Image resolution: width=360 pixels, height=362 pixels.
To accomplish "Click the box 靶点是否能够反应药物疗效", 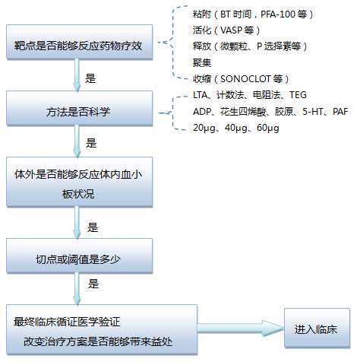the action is pos(79,42).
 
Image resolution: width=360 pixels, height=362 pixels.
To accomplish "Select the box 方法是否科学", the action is pos(79,108).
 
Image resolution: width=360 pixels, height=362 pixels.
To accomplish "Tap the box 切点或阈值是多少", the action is pos(79,256).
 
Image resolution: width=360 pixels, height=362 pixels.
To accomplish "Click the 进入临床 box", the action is pos(317,328).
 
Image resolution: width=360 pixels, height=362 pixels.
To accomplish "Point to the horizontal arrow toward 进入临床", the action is pos(241,328).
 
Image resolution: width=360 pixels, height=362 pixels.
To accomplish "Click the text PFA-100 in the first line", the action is pos(278,14).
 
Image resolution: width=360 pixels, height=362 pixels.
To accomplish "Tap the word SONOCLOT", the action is pos(245,79).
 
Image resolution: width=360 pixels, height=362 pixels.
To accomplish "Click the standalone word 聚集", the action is pos(202,62).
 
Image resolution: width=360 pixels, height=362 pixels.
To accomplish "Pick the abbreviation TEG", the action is pos(298,95).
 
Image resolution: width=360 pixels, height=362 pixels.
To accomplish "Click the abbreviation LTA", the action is pos(201,95).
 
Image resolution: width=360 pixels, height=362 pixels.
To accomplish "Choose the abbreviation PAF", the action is pos(340,111).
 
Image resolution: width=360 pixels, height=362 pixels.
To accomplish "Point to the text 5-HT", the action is pos(313,111).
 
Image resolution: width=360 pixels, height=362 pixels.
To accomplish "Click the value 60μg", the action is pos(268,128).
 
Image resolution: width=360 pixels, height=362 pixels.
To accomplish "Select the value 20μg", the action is pos(204,128).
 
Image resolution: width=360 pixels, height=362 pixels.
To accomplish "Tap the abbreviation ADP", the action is pos(202,111).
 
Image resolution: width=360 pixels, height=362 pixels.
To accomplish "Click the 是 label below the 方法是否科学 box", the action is pos(91,143).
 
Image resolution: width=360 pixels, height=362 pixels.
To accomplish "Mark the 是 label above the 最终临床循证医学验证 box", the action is pos(93,284).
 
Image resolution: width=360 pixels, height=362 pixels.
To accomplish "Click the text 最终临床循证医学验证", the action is pos(67,322).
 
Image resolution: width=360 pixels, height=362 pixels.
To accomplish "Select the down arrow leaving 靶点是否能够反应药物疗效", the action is pos(77,75).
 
